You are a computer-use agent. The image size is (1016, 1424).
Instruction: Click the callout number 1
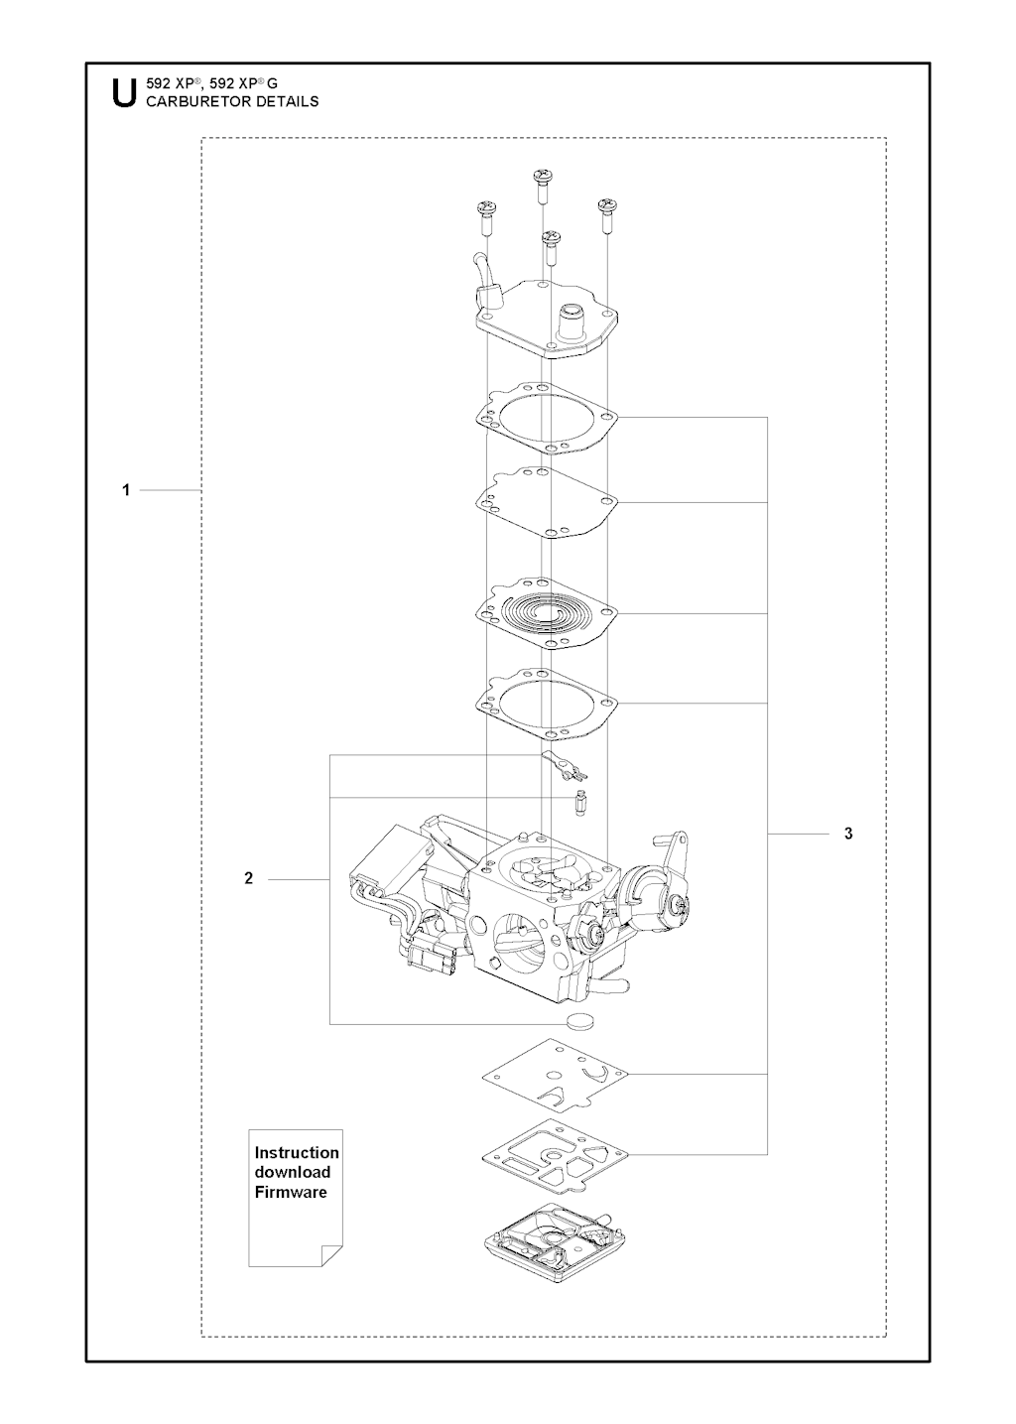[x=126, y=490]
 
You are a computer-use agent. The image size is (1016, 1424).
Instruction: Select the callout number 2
[x=249, y=878]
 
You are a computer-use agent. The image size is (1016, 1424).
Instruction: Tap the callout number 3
[x=848, y=834]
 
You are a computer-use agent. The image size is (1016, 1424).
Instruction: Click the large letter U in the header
[x=124, y=92]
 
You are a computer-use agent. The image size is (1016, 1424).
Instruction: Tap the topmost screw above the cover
[x=543, y=185]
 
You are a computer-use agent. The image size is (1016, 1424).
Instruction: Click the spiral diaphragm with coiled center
[x=547, y=612]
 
